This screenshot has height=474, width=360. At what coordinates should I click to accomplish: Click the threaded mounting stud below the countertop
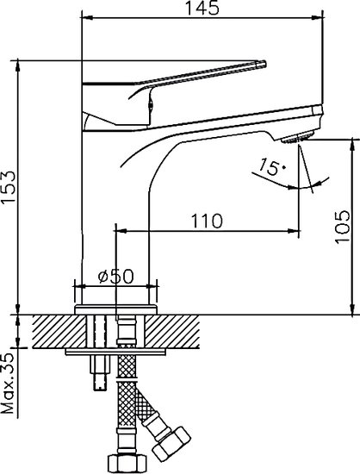(x=97, y=362)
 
